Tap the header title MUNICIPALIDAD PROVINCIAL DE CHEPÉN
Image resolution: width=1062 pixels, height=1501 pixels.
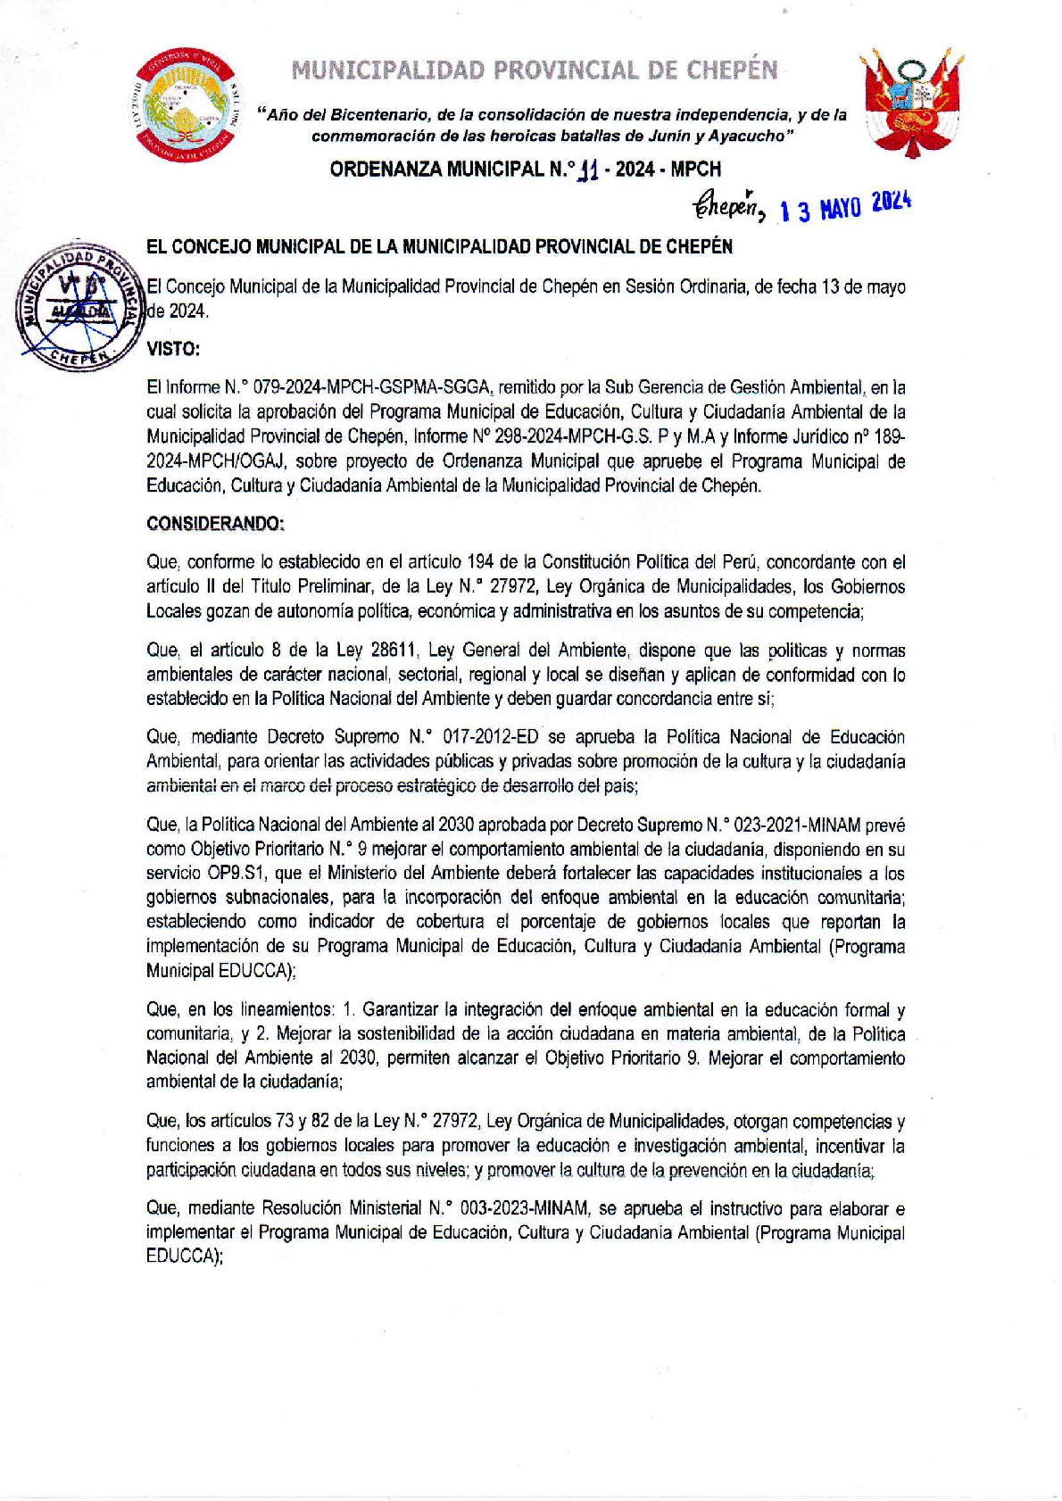tap(535, 70)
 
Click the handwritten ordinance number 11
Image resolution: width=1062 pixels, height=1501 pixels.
tap(587, 170)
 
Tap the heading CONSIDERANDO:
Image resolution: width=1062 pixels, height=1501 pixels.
tap(215, 524)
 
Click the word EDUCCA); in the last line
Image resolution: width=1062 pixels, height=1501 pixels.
tap(185, 1256)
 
